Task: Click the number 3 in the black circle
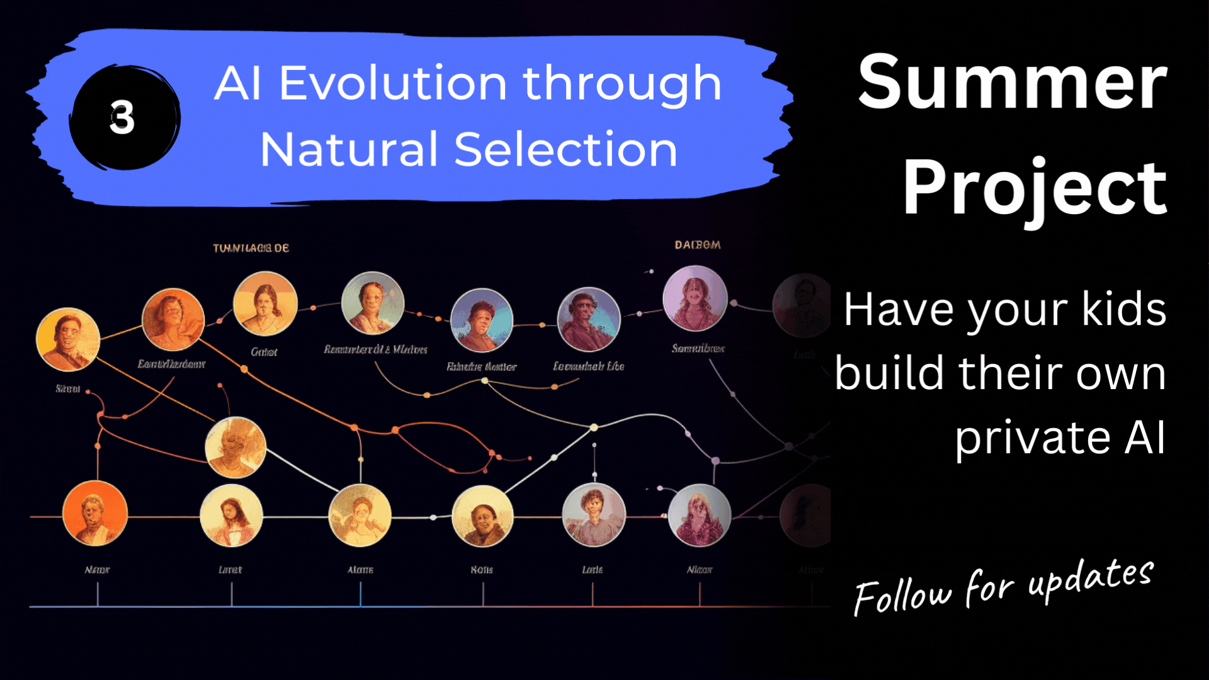pos(122,118)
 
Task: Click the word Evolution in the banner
pos(392,84)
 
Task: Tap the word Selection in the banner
pos(565,150)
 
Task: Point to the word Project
pos(1035,188)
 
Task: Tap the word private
pos(1032,438)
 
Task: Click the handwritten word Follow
pos(902,595)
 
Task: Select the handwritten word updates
pos(1091,578)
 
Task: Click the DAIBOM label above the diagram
pos(697,245)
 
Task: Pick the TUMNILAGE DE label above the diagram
pos(251,248)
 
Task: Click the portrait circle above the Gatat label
pos(265,303)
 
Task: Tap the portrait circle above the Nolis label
pos(482,516)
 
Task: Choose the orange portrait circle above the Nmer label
pos(95,513)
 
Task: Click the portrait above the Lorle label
pos(593,514)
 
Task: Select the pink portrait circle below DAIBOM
pos(695,298)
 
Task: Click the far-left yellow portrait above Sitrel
pos(68,339)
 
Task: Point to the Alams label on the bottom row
pos(360,570)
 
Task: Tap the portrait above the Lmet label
pos(231,516)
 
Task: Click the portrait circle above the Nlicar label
pos(699,515)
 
